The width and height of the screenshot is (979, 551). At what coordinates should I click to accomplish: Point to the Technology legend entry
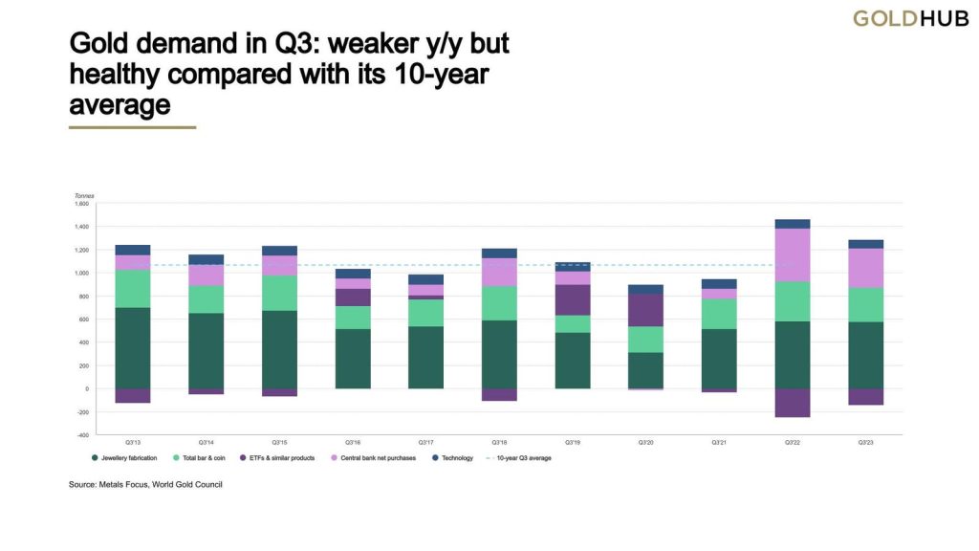click(455, 458)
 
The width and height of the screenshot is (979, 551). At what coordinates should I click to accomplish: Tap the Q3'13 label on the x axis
click(132, 443)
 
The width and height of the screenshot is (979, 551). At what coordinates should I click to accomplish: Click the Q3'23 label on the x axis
click(865, 443)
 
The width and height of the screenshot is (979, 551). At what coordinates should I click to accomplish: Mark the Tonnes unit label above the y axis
click(82, 195)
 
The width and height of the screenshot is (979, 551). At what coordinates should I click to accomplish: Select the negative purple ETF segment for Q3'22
click(792, 403)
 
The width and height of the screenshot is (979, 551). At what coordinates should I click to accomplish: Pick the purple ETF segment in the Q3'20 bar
click(645, 310)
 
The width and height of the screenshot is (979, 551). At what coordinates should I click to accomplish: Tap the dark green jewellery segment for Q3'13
click(132, 347)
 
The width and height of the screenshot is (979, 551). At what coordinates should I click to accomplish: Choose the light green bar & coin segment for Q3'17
click(425, 313)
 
